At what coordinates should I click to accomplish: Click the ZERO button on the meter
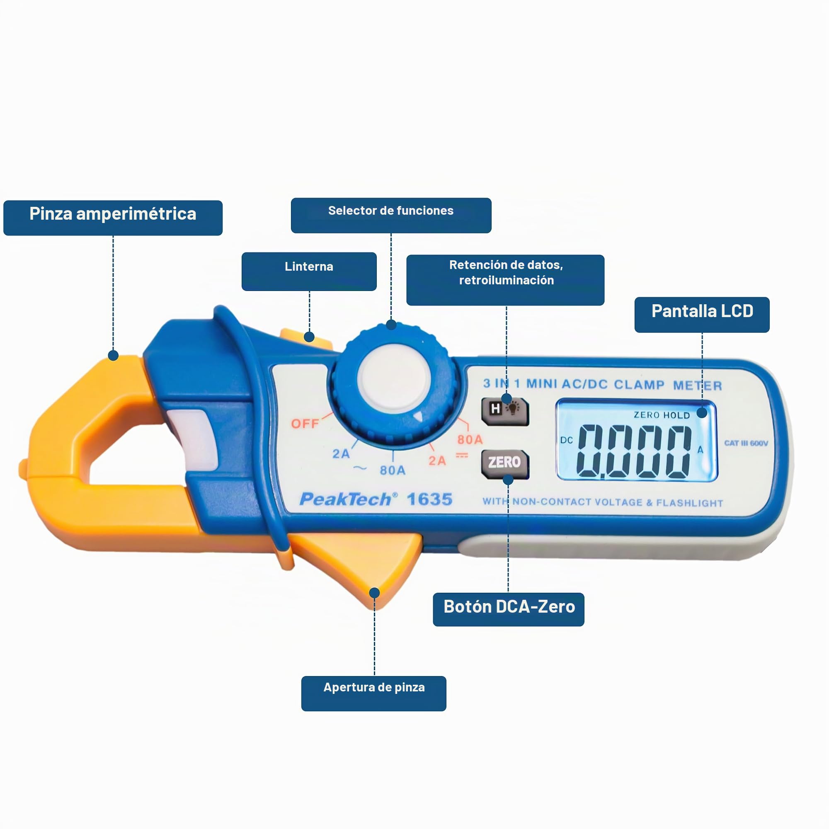505,464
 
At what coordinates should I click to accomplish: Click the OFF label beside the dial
305,424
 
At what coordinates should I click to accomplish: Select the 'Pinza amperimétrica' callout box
113,218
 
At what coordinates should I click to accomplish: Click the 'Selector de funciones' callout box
391,216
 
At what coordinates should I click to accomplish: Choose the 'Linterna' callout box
309,271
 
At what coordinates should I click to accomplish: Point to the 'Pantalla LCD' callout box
702,315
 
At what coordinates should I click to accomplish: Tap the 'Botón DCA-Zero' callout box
509,609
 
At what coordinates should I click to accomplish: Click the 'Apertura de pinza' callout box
374,693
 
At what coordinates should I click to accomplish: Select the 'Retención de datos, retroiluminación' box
505,280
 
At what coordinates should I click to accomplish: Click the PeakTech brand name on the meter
345,499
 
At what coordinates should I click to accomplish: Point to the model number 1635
429,499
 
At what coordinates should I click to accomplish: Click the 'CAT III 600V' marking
746,443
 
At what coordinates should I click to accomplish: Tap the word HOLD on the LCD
677,415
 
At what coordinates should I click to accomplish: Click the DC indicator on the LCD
566,440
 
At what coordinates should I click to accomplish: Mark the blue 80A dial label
393,470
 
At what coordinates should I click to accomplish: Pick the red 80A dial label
470,439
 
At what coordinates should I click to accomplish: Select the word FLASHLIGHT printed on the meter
690,503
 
